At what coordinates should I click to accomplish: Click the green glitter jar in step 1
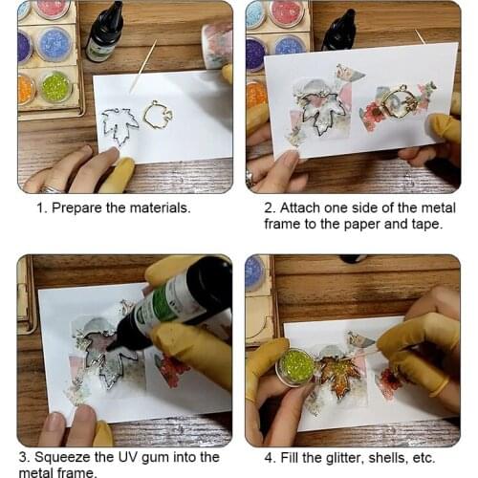click(55, 87)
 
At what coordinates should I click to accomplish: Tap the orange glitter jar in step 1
click(25, 90)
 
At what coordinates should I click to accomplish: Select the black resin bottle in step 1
click(104, 32)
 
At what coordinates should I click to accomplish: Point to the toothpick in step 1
click(143, 65)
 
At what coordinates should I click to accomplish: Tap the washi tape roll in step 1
click(217, 46)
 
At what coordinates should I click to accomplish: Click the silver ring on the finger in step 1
click(52, 190)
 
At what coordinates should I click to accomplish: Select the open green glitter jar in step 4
click(295, 366)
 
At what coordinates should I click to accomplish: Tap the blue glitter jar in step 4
click(255, 272)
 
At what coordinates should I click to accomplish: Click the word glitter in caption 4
click(343, 458)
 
